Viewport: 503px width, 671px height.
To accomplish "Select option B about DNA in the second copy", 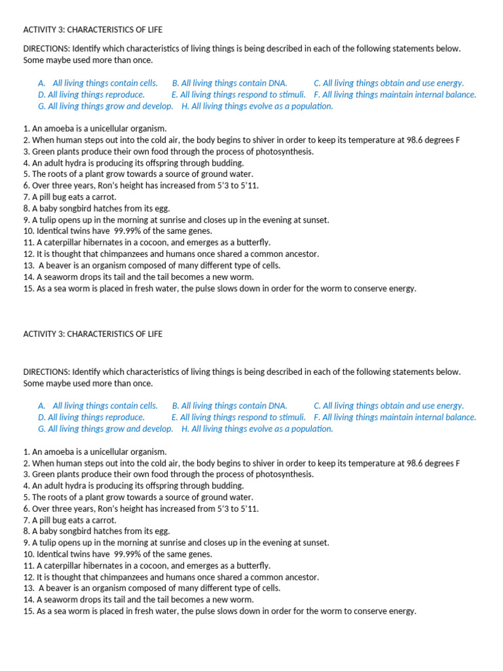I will tap(229, 406).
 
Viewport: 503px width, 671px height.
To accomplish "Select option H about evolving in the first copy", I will tap(257, 106).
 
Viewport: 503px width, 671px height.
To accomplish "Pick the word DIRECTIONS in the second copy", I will tap(47, 372).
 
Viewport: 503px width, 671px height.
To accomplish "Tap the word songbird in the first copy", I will tap(75, 208).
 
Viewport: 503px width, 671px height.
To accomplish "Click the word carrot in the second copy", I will tap(103, 520).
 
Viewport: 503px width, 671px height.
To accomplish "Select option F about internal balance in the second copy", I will tap(395, 417).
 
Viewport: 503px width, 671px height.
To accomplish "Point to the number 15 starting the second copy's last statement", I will tap(28, 611).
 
